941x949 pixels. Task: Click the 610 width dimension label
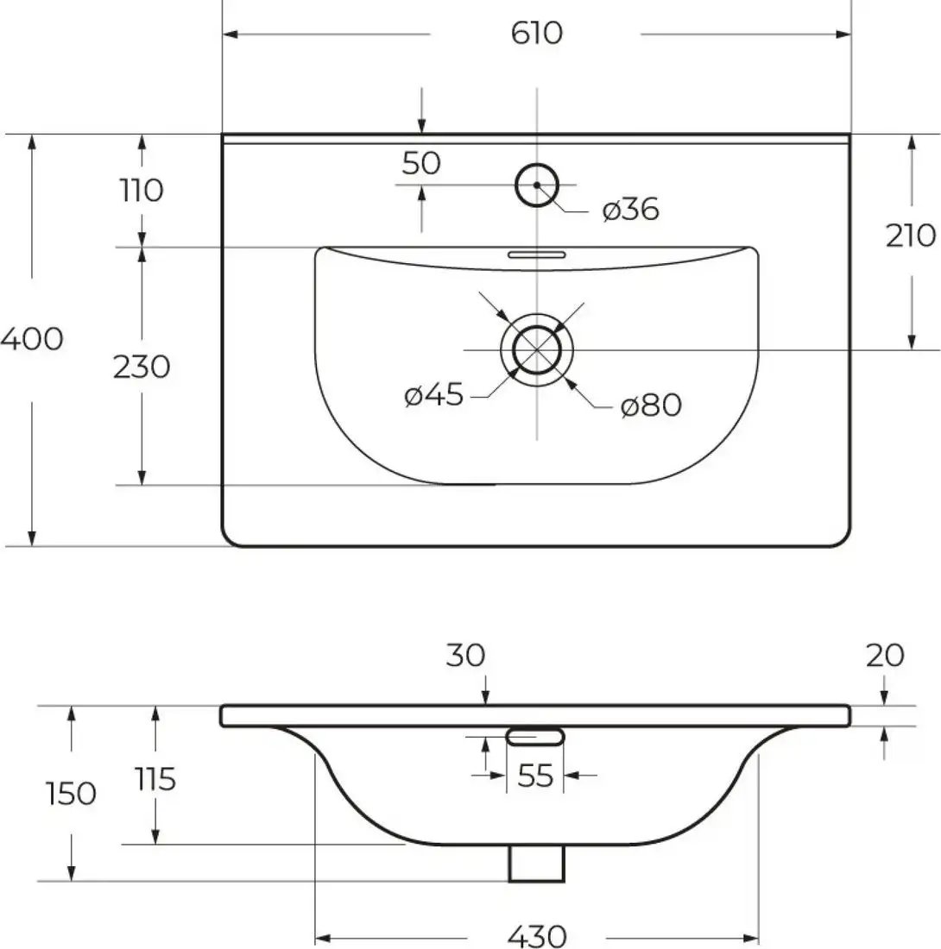click(x=536, y=33)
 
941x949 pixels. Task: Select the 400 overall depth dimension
click(x=32, y=339)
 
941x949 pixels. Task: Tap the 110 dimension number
click(x=142, y=190)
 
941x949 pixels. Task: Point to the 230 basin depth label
click(x=142, y=367)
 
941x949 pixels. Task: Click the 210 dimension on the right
click(x=911, y=235)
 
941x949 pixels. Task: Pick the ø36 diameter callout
click(x=630, y=209)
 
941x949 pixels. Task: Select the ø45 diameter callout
click(x=434, y=395)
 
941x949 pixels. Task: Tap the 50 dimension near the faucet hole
click(x=421, y=163)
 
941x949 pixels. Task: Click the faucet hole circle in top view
click(x=537, y=185)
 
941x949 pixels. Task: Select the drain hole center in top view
click(x=537, y=349)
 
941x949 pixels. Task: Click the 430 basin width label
click(x=536, y=935)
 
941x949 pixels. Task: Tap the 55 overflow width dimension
click(x=535, y=776)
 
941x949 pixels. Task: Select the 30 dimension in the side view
click(x=465, y=656)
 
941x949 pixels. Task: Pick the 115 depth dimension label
click(x=155, y=779)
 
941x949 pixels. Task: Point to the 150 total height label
click(x=70, y=793)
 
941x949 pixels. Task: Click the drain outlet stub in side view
click(x=536, y=863)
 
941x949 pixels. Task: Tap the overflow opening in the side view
click(x=536, y=736)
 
